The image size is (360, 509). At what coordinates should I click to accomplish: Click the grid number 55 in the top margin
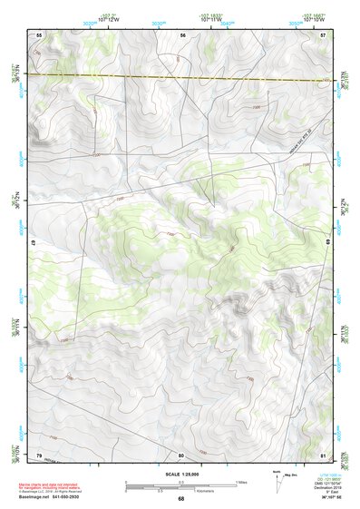pos(39,34)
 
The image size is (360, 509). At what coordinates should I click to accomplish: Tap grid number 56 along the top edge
pos(181,34)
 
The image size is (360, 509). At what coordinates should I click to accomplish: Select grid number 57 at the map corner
pos(323,34)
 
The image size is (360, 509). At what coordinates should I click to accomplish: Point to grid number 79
pos(39,455)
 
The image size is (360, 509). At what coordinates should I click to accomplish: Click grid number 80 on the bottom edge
pos(181,455)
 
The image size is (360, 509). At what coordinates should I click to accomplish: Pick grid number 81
pos(323,455)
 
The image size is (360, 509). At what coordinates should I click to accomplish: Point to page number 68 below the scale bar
pos(180,499)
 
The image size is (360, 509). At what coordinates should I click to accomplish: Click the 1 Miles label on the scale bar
pos(239,482)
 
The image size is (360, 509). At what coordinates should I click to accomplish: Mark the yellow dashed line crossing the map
pos(181,77)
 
